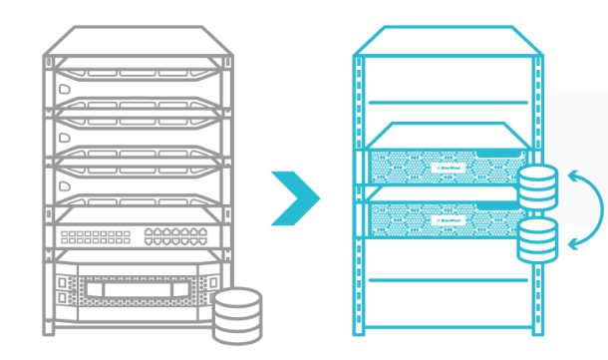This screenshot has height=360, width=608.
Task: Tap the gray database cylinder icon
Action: point(237,310)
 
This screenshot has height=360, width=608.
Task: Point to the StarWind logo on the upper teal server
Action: point(446,167)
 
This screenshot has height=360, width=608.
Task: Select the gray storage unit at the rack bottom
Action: point(135,289)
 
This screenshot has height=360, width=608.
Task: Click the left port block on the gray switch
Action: point(95,236)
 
